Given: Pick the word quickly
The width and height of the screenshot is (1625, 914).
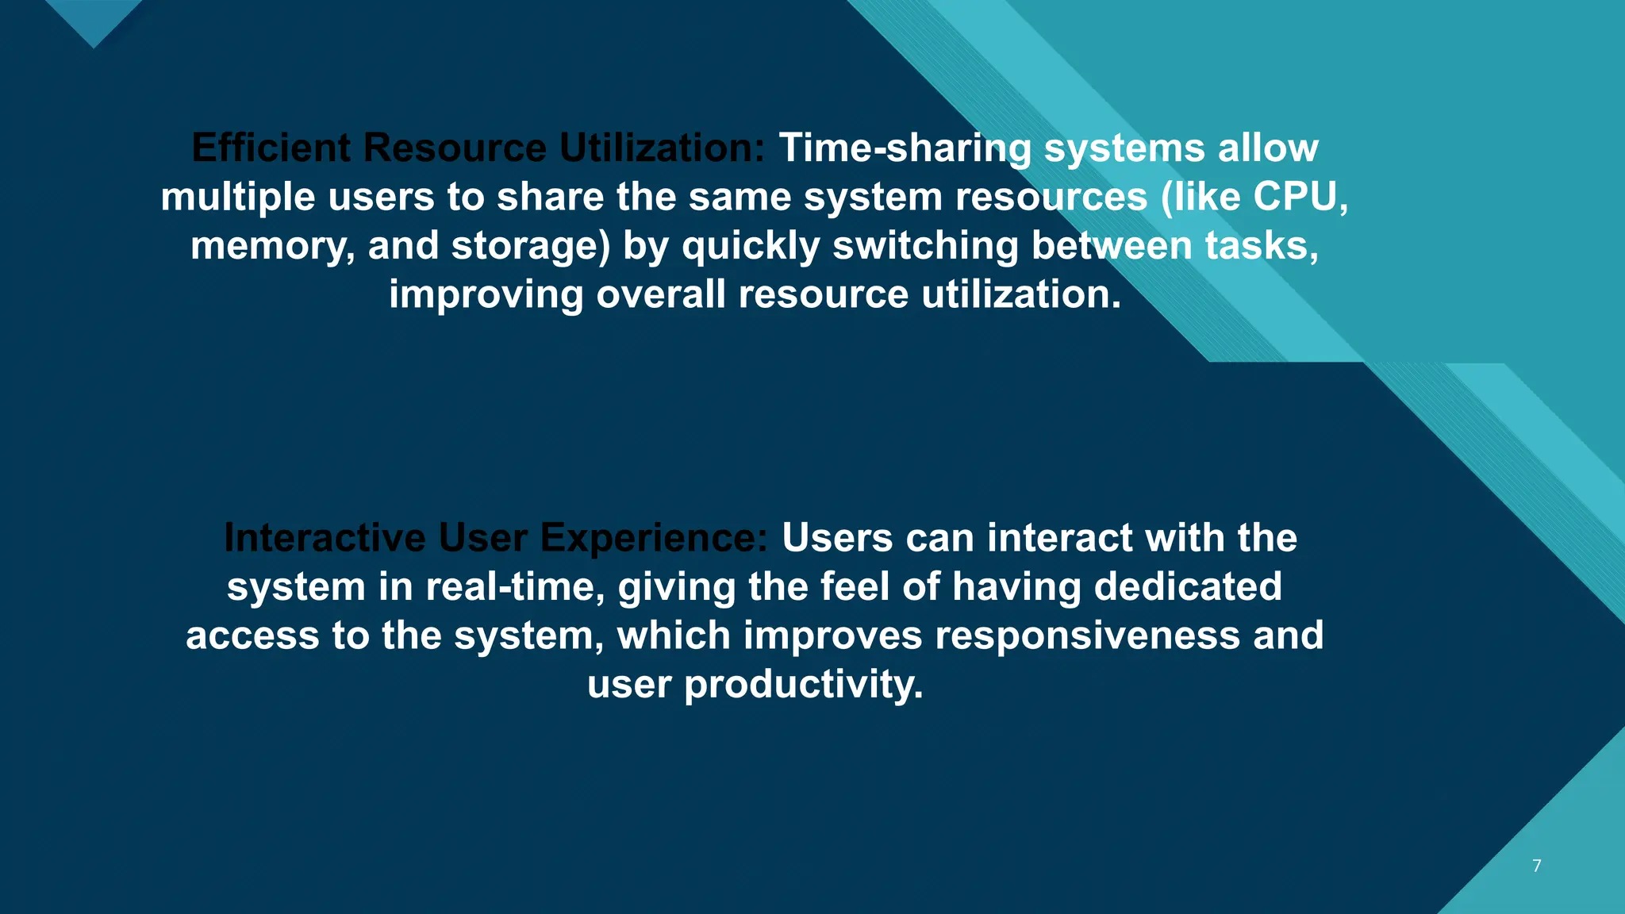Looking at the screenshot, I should pyautogui.click(x=751, y=246).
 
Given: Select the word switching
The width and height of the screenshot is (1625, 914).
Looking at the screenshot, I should pyautogui.click(x=925, y=246).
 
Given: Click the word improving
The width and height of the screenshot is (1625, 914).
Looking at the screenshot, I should pyautogui.click(x=486, y=294).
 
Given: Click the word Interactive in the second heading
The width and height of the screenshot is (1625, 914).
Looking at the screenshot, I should pyautogui.click(x=325, y=538).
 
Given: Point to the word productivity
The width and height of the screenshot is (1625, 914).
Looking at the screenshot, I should pyautogui.click(x=803, y=685).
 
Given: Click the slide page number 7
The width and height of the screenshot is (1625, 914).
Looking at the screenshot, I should pyautogui.click(x=1537, y=866).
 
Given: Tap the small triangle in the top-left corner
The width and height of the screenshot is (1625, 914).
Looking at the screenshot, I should pyautogui.click(x=94, y=20).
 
